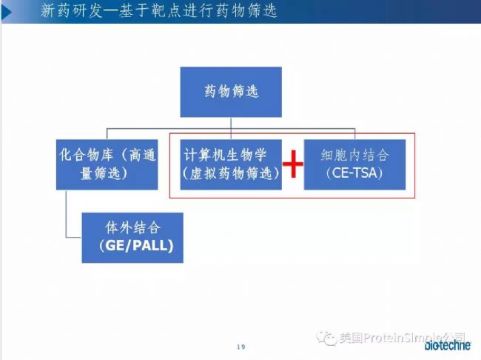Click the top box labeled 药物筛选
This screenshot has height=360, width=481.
(x=231, y=92)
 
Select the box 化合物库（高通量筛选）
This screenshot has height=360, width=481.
(x=107, y=164)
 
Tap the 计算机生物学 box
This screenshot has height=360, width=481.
(x=231, y=164)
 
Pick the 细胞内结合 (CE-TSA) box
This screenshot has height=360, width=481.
(x=354, y=164)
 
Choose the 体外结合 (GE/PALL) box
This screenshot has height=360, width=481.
(x=132, y=238)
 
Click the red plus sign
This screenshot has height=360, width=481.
(x=293, y=164)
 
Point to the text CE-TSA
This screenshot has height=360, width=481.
(x=354, y=173)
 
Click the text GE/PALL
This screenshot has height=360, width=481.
(x=136, y=246)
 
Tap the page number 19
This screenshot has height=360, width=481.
(x=241, y=347)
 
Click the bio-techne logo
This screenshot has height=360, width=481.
(x=448, y=345)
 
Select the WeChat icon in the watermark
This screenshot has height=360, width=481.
(x=326, y=339)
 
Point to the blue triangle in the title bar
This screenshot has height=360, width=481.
(x=7, y=12)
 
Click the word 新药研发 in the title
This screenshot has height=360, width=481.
(x=72, y=11)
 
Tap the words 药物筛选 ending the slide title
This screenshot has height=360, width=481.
(x=246, y=11)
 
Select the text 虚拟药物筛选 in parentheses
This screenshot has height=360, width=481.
(x=231, y=173)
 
